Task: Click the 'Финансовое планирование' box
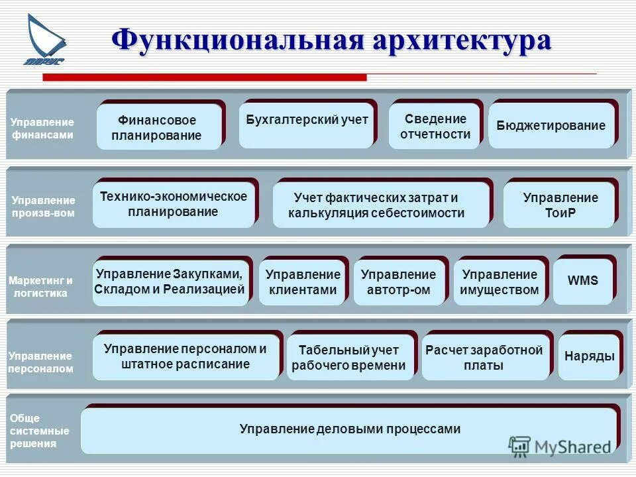click(158, 127)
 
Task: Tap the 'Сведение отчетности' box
click(435, 126)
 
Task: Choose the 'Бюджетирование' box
click(551, 125)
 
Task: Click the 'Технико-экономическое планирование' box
click(174, 204)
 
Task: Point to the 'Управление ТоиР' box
click(560, 205)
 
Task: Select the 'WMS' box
click(583, 281)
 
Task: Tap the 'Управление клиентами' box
click(302, 282)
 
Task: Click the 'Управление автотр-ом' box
click(399, 282)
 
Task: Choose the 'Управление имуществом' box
click(500, 282)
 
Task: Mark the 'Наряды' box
click(589, 356)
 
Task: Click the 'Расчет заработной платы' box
click(485, 357)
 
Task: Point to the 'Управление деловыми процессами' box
click(349, 429)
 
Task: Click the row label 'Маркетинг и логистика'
click(41, 287)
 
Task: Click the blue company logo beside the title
click(45, 41)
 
